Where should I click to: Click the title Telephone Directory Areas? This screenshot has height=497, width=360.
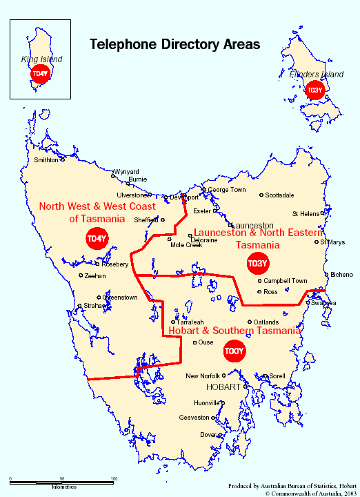coord(175,44)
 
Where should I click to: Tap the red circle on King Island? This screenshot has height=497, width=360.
coord(41,74)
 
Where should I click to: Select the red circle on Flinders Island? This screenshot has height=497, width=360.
coord(314,90)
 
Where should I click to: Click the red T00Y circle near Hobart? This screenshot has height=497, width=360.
coord(234,351)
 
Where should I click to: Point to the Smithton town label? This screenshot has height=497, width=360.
coord(46,160)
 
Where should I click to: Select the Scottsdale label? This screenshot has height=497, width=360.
coord(279,195)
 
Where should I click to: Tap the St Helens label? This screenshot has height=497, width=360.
coord(306,214)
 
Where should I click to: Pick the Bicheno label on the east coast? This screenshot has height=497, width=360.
coord(341,275)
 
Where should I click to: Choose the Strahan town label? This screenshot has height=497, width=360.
coord(94,305)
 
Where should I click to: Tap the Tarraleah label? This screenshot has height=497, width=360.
coord(190,322)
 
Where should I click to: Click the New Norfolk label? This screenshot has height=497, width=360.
coord(203,376)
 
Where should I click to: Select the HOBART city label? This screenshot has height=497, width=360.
coord(222,387)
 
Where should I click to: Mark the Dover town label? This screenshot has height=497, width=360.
coord(208,435)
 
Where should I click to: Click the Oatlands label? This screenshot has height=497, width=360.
coord(266,322)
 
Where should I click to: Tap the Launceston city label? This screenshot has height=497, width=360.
coord(253,226)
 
